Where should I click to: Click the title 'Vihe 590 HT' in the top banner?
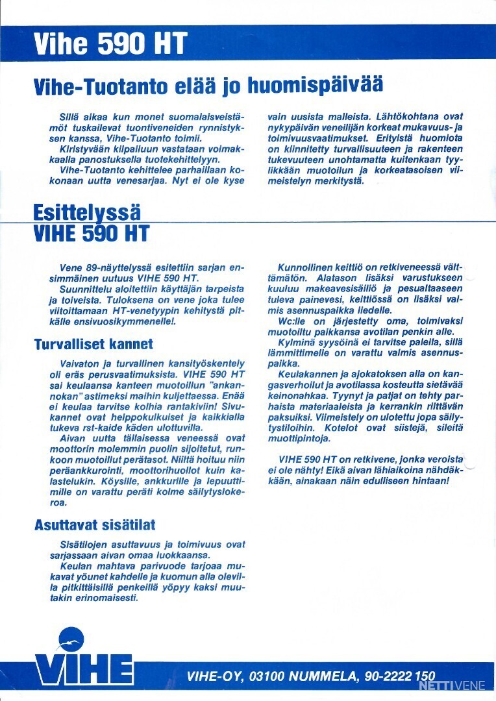click(110, 43)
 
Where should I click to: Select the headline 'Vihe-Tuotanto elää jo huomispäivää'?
click(208, 86)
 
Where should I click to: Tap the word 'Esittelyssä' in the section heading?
click(86, 212)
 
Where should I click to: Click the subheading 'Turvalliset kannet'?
click(93, 344)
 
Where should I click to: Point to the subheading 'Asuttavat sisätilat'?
click(95, 524)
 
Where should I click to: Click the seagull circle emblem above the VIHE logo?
click(71, 640)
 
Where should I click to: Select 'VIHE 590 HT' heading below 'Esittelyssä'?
click(92, 234)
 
